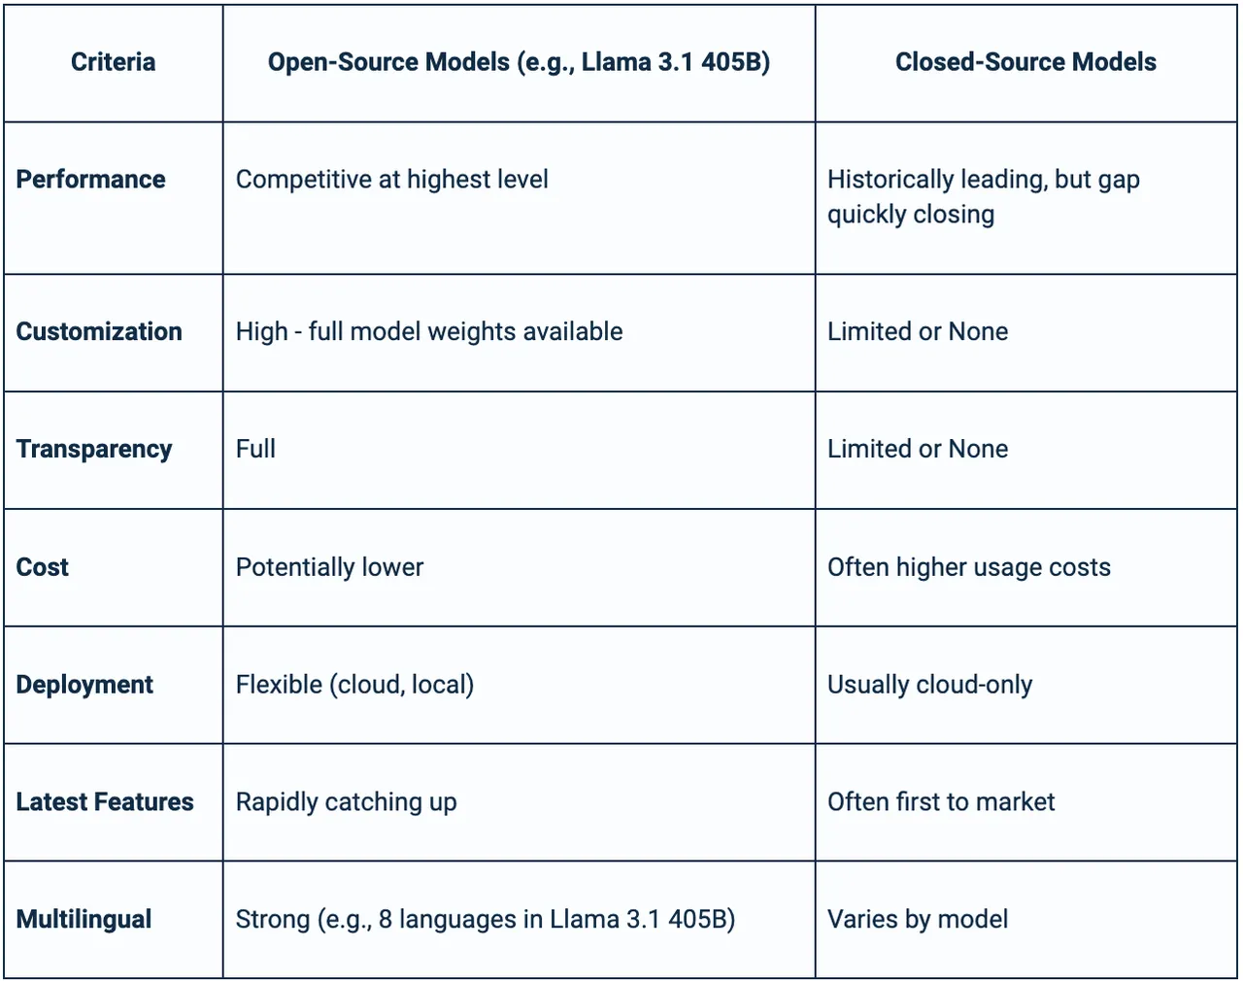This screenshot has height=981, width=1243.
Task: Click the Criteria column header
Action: (114, 62)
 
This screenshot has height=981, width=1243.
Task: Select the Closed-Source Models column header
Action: (1025, 62)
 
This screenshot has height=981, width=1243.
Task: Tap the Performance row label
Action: (90, 180)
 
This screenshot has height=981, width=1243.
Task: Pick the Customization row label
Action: (99, 331)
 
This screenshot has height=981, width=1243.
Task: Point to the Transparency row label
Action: (94, 450)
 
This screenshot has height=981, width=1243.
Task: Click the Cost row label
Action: (42, 567)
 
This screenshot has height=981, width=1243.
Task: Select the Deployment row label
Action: (84, 685)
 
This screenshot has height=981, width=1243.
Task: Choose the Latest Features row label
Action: (105, 802)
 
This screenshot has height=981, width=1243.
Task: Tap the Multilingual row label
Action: (84, 920)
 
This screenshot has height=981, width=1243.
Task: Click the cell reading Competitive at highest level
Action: (391, 180)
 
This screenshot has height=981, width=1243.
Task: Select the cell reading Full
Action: (255, 449)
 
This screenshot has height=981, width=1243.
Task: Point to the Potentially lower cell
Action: (329, 567)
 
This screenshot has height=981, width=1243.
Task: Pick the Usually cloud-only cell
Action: (929, 685)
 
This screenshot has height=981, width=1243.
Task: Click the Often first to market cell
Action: (941, 802)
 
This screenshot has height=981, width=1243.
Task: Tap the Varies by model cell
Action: (918, 920)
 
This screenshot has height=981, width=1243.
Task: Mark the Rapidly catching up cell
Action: (346, 802)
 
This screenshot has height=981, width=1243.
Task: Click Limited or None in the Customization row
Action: (918, 331)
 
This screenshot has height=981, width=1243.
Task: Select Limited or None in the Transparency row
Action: (918, 449)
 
